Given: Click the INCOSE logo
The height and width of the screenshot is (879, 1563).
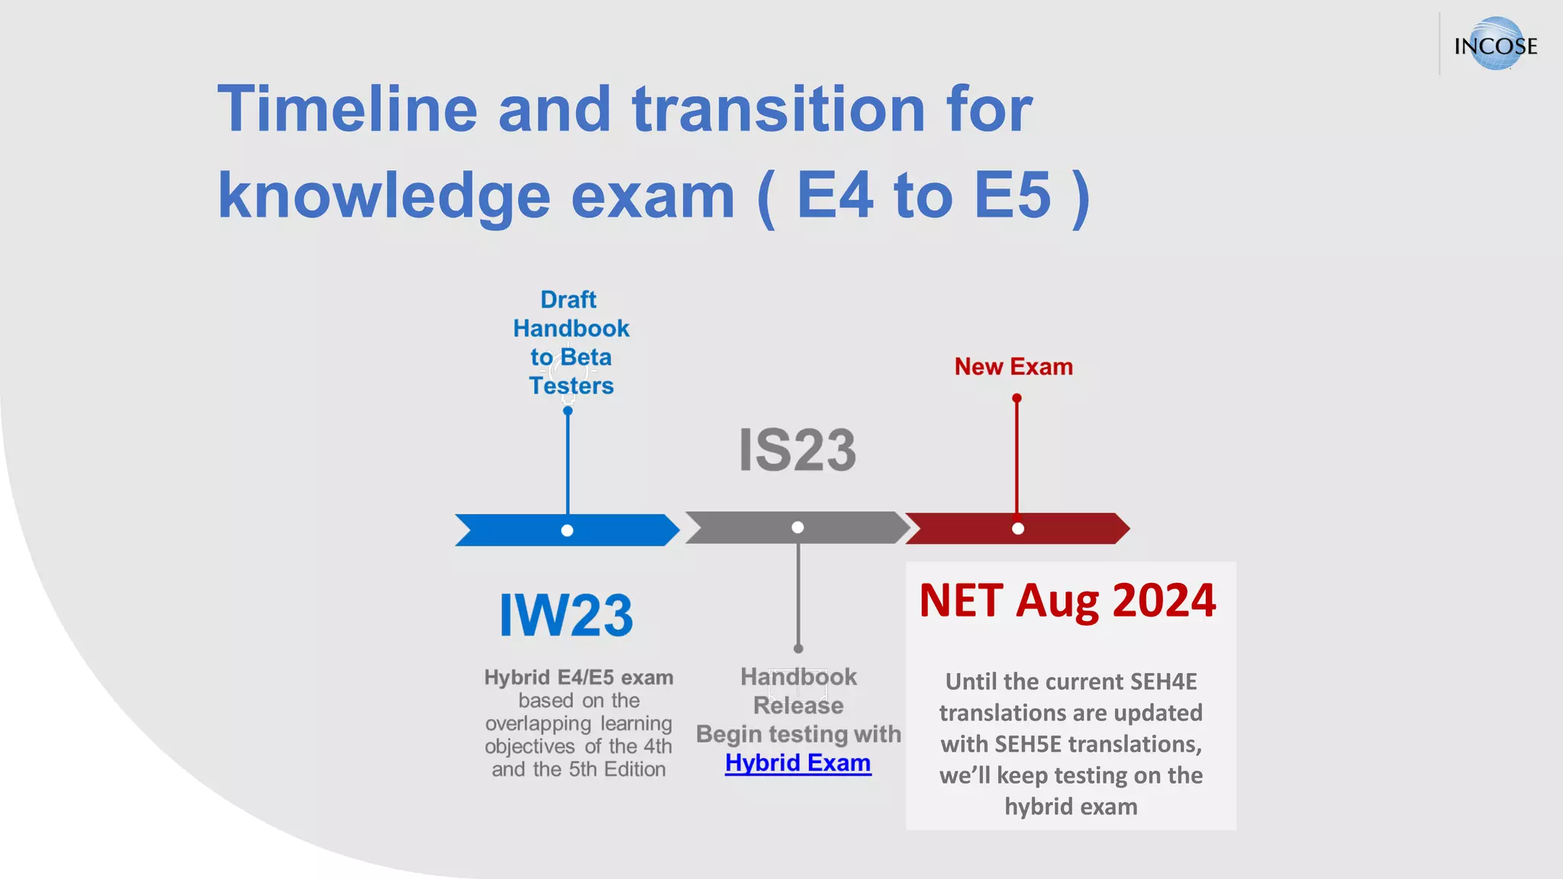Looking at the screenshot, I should tap(1495, 44).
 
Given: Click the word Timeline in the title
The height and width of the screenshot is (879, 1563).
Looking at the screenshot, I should tap(347, 109).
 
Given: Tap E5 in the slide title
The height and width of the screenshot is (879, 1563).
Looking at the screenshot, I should tap(1013, 195).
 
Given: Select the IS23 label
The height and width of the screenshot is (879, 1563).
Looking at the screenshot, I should tap(798, 450).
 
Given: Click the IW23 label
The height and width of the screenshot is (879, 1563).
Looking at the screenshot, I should tap(566, 616).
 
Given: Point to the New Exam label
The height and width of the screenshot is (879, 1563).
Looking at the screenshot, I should tap(1014, 367).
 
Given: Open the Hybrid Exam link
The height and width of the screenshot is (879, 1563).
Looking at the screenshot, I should tap(798, 763).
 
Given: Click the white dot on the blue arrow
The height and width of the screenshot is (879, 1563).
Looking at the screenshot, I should tap(567, 530).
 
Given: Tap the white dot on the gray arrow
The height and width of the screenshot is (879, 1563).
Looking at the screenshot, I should tap(798, 527).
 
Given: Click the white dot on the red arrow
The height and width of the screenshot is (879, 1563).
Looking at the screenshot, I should tap(1017, 528).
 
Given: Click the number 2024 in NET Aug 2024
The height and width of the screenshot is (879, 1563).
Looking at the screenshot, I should tap(1164, 600).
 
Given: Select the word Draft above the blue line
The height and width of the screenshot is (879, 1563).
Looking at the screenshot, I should tap(569, 300).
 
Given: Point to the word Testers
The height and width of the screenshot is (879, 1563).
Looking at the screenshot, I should tap(572, 386).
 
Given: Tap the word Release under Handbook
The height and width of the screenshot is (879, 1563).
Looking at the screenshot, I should tap(798, 706).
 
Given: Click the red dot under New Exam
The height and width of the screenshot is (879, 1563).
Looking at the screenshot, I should tap(1017, 398).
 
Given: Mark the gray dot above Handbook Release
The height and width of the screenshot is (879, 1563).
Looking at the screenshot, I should tap(798, 649).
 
